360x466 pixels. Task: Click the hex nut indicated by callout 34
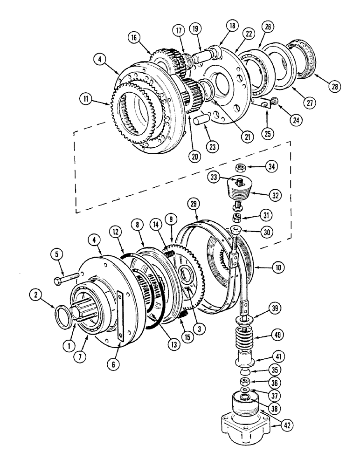242,166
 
